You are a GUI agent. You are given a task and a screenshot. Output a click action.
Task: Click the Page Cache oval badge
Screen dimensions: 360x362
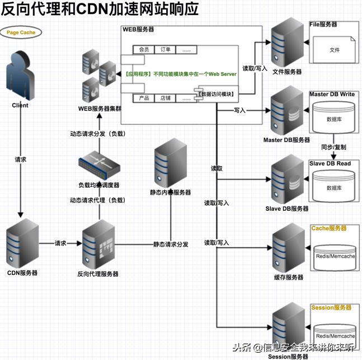pyautogui.click(x=21, y=32)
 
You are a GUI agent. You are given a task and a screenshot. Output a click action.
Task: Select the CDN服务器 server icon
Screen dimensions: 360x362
pyautogui.click(x=22, y=244)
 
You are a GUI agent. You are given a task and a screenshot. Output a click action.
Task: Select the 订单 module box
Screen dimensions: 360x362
pyautogui.click(x=166, y=50)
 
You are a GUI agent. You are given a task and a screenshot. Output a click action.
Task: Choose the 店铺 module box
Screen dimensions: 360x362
pyautogui.click(x=166, y=98)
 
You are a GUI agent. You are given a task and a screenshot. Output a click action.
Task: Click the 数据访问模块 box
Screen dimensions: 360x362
pyautogui.click(x=218, y=94)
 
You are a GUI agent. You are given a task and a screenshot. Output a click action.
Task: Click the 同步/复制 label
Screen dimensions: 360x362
pyautogui.click(x=333, y=147)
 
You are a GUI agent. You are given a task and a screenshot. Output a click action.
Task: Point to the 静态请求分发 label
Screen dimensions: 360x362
pyautogui.click(x=171, y=244)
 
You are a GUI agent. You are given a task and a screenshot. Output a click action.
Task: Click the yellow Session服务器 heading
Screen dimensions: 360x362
pyautogui.click(x=331, y=307)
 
